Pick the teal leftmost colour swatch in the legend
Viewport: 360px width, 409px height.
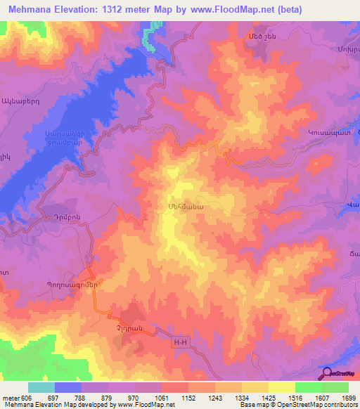(x=41, y=387)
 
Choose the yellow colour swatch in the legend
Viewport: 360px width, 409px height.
(x=281, y=387)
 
